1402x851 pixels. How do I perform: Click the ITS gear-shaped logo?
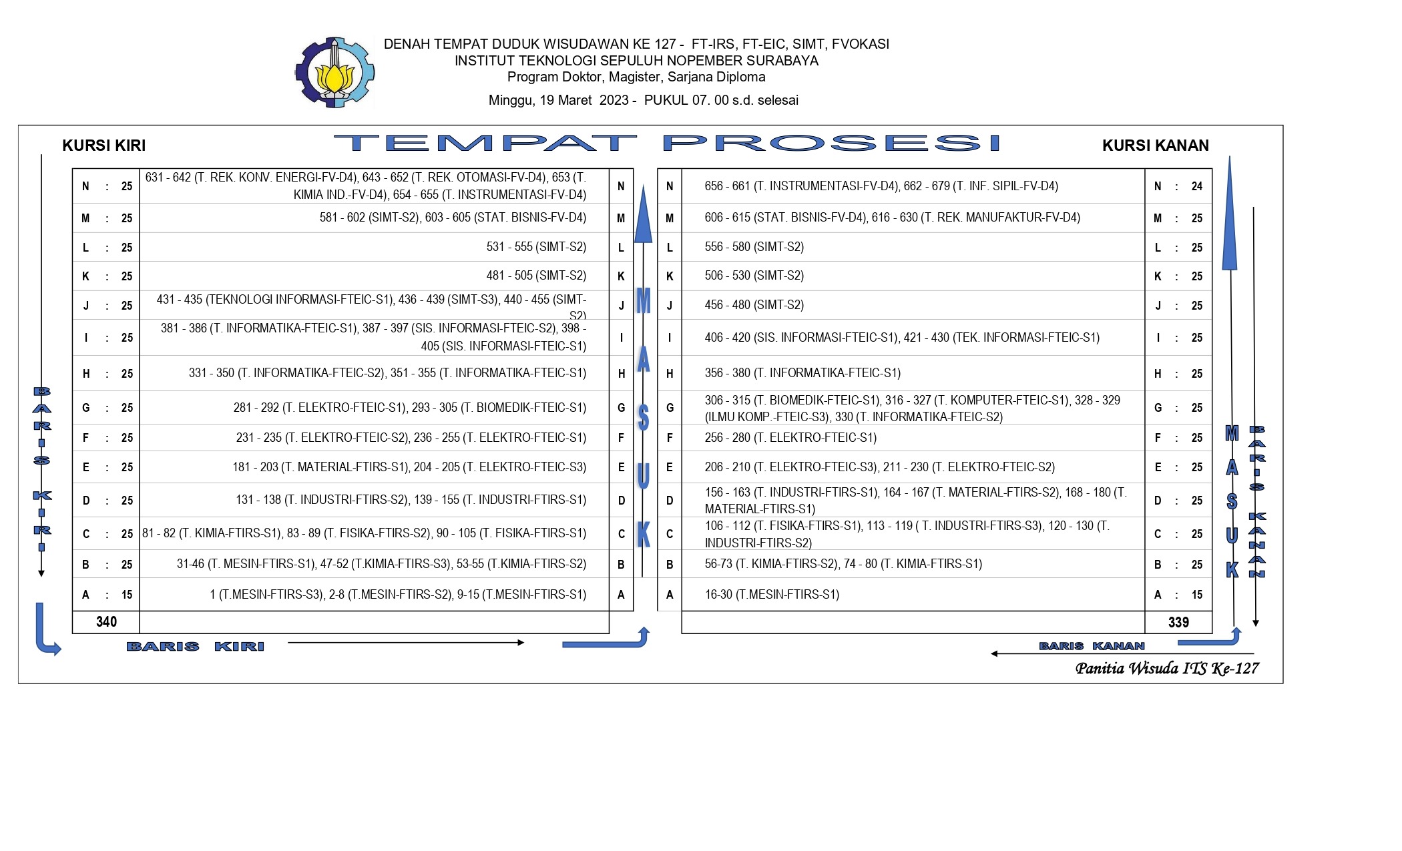(334, 72)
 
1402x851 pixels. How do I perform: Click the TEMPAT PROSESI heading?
(666, 143)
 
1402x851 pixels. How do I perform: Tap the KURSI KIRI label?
(103, 146)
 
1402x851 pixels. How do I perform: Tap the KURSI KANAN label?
(1155, 146)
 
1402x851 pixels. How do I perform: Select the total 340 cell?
(106, 622)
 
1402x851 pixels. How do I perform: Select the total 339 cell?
(1178, 623)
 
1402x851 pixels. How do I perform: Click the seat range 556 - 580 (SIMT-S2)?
(754, 247)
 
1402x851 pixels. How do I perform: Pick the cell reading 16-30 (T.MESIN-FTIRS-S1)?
(772, 595)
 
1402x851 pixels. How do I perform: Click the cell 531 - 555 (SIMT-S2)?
(536, 247)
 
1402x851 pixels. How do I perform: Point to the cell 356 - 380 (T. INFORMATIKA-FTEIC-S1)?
(802, 373)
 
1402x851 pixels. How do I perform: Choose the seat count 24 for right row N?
(1196, 186)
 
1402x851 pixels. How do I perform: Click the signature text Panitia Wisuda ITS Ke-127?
(1166, 668)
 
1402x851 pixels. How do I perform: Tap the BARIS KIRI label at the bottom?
(195, 646)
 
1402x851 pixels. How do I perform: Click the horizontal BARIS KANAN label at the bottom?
(1092, 645)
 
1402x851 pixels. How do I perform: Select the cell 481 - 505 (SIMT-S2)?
(536, 276)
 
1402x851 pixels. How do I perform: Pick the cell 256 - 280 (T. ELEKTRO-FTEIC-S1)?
(790, 438)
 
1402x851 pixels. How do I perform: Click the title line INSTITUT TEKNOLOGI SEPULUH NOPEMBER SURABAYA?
(636, 61)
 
